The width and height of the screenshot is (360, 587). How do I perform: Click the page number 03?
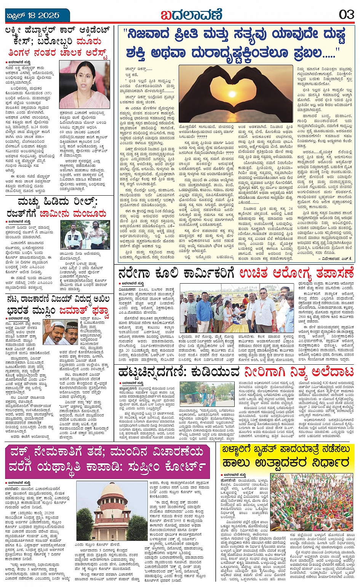tap(346, 14)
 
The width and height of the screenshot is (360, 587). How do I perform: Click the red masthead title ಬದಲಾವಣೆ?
tap(191, 15)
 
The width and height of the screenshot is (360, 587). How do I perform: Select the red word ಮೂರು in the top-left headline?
tap(88, 41)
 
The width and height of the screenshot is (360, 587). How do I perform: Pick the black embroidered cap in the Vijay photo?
tap(71, 325)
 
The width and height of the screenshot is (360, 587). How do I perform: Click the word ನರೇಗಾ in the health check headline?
tap(136, 274)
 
